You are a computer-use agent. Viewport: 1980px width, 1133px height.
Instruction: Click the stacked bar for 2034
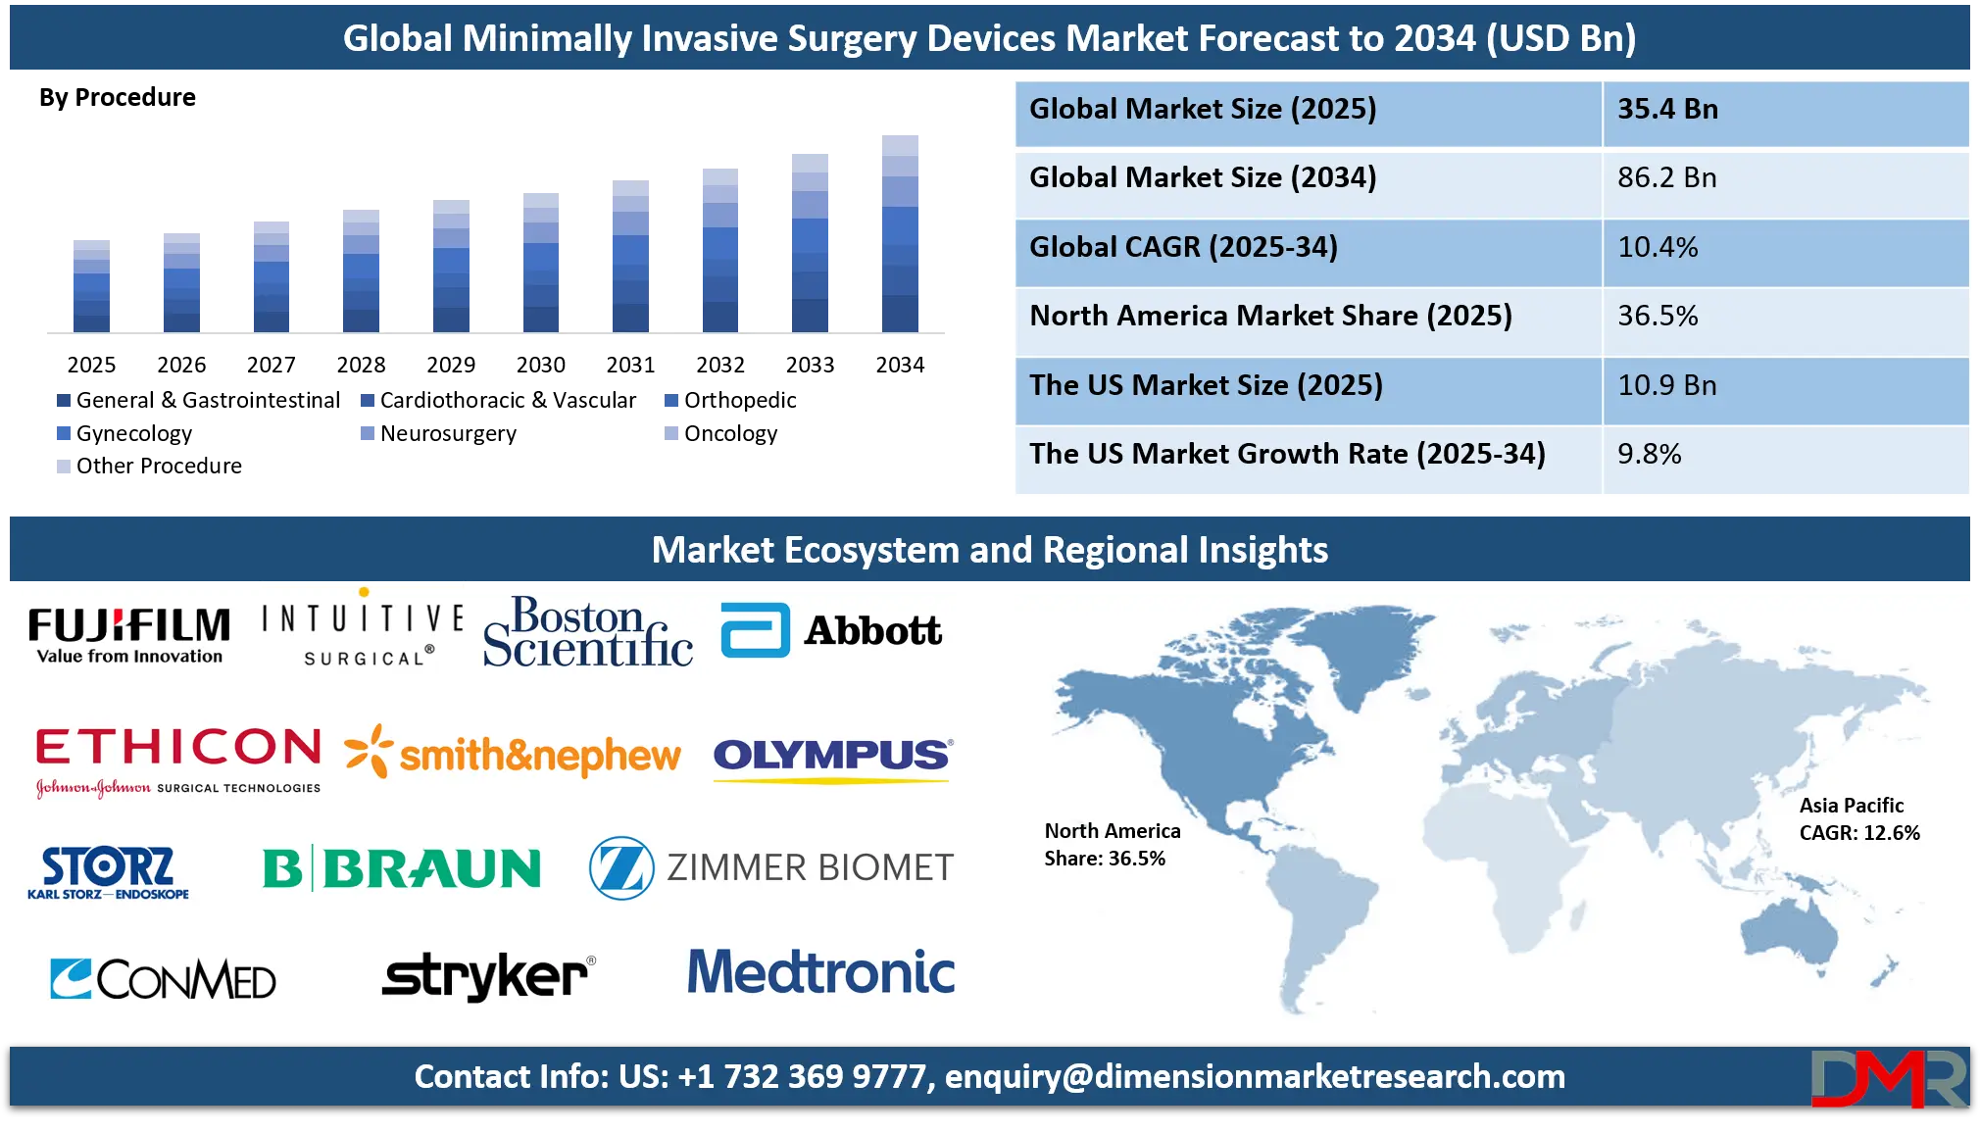coord(900,234)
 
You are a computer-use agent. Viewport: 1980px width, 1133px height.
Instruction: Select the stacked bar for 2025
coord(91,286)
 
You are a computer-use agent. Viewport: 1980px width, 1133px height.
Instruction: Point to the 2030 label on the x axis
coord(541,365)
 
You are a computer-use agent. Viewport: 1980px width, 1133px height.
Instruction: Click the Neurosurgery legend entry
coord(438,433)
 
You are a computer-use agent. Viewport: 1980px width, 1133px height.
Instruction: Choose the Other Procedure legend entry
coord(149,466)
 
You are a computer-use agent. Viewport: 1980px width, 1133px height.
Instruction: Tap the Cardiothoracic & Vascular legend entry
coord(499,400)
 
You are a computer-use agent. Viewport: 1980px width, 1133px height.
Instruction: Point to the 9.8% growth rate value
coord(1650,454)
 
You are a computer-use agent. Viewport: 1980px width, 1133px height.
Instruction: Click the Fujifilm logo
coord(129,635)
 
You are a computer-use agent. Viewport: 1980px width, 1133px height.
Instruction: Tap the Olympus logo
coord(833,760)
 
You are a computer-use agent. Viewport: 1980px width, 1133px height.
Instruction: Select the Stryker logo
coord(488,975)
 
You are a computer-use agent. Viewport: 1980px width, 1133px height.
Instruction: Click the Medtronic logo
coord(821,971)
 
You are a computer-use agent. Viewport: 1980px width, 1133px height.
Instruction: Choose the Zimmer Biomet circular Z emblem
coord(621,867)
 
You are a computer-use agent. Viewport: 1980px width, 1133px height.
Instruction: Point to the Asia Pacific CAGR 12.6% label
coord(1859,818)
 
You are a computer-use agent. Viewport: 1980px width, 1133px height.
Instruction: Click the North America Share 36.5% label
coord(1113,844)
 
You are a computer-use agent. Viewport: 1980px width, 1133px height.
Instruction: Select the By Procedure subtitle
coord(118,97)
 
